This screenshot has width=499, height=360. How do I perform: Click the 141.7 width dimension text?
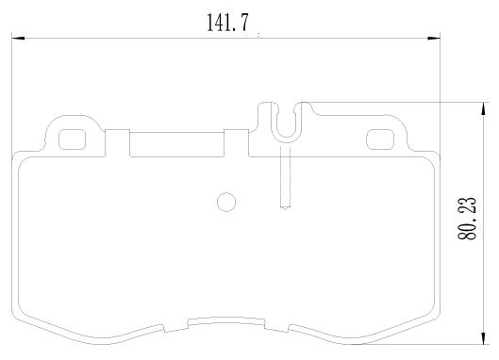click(227, 23)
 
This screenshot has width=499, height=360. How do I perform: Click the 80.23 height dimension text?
click(467, 218)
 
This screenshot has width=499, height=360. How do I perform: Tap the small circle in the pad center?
click(226, 202)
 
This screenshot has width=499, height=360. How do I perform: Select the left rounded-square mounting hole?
click(73, 139)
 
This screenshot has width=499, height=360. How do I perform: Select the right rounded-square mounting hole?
click(380, 139)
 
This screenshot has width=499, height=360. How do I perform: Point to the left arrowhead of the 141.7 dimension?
click(18, 39)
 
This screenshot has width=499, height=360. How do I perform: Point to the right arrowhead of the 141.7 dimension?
click(434, 39)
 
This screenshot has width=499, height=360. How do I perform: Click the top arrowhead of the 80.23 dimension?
click(484, 108)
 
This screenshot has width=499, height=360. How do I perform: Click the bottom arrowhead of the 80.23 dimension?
click(484, 337)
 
